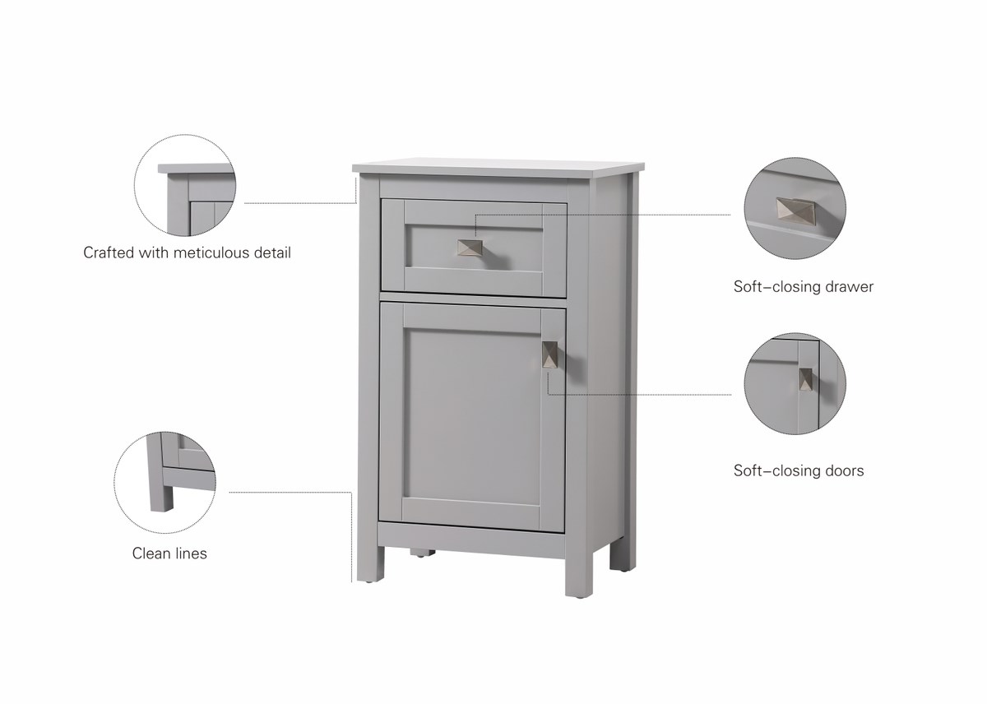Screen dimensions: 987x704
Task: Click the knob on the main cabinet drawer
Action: [470, 248]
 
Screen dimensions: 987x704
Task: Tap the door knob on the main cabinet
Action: [549, 354]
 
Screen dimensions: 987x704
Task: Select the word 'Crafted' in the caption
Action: [109, 252]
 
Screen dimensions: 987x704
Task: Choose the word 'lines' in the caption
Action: [189, 553]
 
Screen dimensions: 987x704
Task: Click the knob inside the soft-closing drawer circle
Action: [796, 211]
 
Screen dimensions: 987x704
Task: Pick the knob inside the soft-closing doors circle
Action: [806, 379]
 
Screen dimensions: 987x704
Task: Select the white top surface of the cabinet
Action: [498, 165]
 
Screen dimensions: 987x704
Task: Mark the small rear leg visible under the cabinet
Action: [422, 553]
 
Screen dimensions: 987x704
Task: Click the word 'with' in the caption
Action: [154, 252]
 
